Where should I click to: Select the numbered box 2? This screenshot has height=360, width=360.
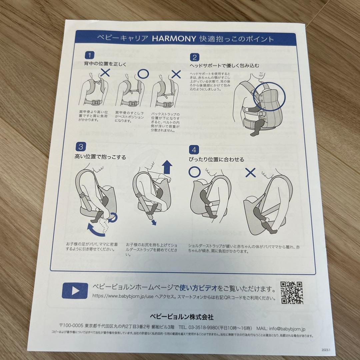195,57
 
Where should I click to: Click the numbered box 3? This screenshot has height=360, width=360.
81,147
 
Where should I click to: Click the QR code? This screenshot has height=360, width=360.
292,292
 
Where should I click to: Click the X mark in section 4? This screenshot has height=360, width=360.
250,172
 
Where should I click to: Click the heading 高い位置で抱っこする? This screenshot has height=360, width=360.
101,157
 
